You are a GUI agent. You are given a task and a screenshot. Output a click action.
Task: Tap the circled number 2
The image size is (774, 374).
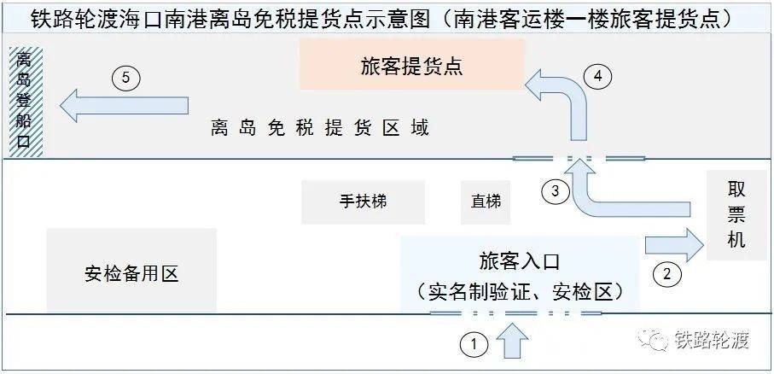(666, 274)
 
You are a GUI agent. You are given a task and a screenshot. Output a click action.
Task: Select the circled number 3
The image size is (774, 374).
(556, 190)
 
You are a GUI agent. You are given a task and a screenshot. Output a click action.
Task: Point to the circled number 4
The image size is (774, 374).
(597, 77)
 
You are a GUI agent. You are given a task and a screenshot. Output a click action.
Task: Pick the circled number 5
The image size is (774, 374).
(126, 79)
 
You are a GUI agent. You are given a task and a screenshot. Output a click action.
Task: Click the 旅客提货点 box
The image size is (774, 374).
(411, 65)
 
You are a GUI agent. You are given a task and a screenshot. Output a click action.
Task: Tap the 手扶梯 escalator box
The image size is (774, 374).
(364, 202)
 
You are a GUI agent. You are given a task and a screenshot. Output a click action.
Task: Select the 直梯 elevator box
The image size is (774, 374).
(486, 202)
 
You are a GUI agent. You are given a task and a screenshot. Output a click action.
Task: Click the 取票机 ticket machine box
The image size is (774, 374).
(736, 215)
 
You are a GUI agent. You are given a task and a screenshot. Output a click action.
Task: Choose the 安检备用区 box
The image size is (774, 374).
(131, 270)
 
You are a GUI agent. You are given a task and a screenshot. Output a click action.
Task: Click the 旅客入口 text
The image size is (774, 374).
(520, 261)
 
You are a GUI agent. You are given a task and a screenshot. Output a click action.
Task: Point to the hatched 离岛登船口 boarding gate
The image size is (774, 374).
(26, 102)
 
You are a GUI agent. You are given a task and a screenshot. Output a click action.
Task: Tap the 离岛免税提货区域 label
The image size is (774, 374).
(320, 128)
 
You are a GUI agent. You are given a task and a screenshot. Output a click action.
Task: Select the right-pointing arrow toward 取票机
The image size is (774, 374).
(674, 244)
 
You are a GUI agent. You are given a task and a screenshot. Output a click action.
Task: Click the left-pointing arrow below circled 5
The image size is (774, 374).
(124, 105)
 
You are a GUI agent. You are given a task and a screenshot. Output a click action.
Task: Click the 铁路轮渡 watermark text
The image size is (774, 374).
(712, 340)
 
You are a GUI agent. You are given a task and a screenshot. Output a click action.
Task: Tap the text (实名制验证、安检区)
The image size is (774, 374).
(519, 292)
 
